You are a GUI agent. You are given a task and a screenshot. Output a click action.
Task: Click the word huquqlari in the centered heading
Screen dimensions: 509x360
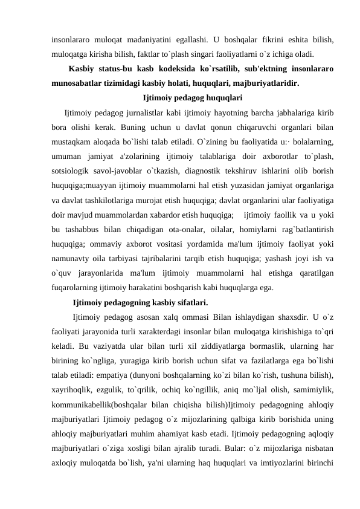pos(225,97)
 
